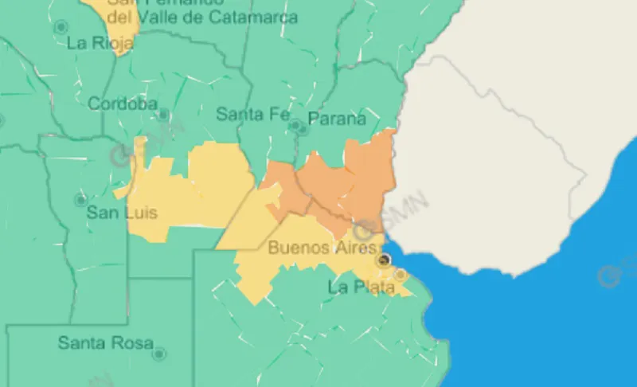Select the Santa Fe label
point(253,114)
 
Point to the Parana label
point(337,119)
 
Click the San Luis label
point(122,213)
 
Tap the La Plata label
point(361,287)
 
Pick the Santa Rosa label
point(105,344)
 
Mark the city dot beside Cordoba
point(163,115)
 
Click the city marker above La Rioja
point(61,27)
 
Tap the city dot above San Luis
point(80,200)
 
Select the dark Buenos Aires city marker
point(384,260)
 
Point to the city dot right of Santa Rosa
point(159,353)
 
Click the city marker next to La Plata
point(401,275)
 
